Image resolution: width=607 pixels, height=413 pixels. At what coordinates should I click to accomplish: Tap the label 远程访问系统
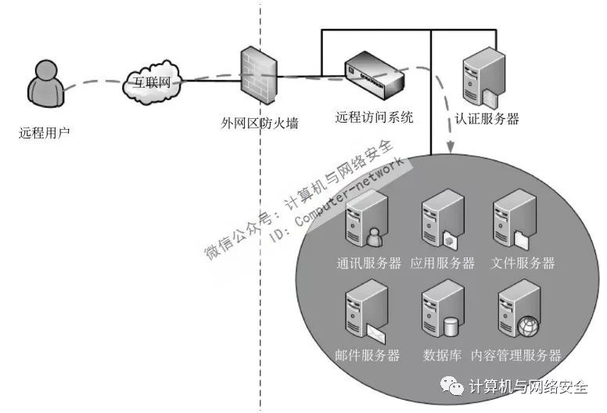pos(374,117)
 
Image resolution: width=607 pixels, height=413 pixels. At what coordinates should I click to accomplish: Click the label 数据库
pos(442,355)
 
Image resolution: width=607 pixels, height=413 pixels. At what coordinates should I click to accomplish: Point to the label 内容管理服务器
pos(516,355)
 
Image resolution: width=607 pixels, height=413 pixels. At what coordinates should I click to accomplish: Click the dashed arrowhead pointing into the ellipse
pos(452,147)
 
